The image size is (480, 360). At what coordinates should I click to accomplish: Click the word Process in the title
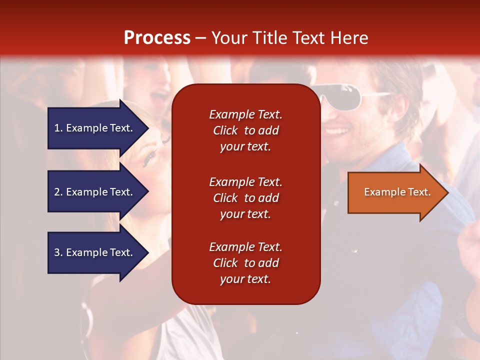point(157,38)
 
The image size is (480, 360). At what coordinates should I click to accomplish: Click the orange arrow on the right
point(395,192)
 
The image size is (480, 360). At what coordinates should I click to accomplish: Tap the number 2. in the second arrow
point(58,192)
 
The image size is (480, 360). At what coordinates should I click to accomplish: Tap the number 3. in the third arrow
point(58,252)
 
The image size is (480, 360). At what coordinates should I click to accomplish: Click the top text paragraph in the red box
point(245,130)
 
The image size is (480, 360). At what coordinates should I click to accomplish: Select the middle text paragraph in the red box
point(245,198)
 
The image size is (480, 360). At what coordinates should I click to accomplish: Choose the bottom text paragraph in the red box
point(245,263)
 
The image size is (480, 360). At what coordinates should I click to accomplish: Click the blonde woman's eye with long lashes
point(149,159)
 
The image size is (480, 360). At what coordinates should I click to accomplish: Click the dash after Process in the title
point(200,38)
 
